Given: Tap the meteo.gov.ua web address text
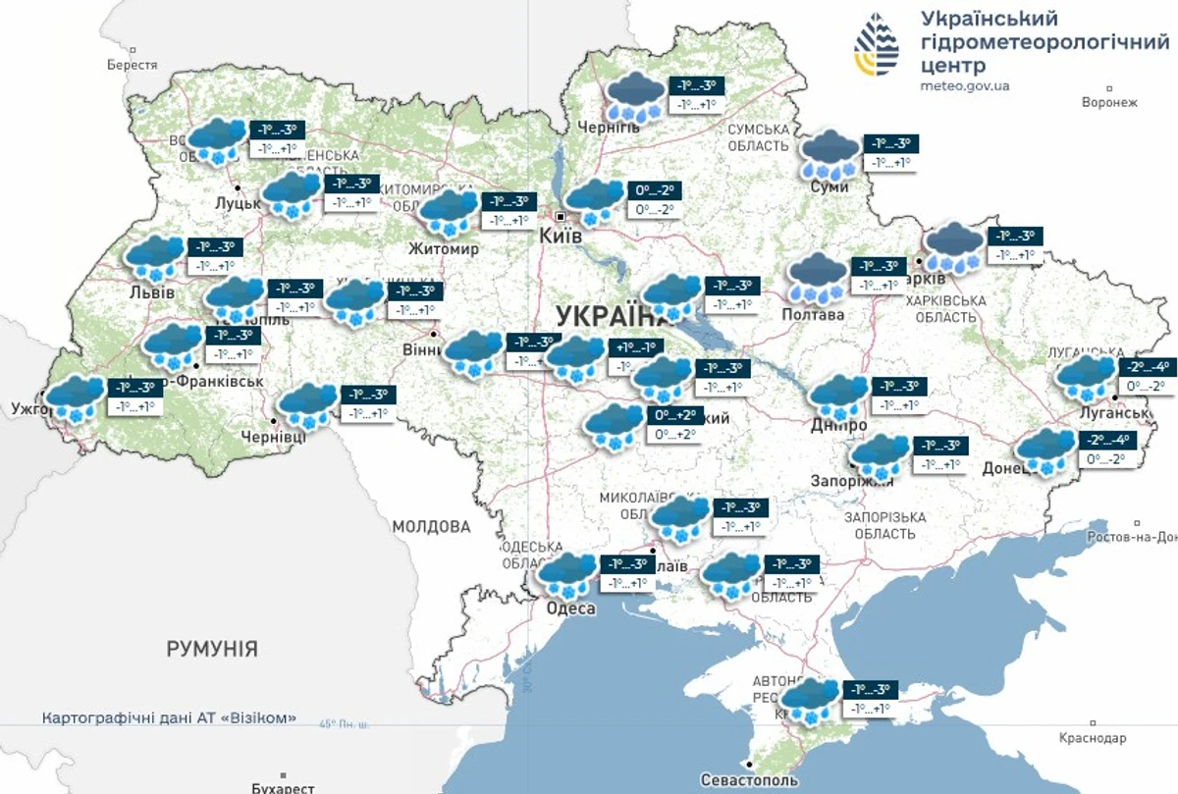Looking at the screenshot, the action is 965,86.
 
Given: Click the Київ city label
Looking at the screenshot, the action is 562,237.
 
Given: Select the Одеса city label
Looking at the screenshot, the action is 571,609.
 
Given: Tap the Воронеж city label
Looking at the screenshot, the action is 1108,102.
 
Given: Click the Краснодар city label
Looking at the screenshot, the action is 1093,738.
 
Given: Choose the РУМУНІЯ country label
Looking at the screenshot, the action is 212,649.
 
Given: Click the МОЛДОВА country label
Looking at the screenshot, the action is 432,526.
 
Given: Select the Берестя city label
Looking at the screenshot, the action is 133,65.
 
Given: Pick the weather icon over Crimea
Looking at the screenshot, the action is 811,701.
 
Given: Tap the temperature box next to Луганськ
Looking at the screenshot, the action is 1146,377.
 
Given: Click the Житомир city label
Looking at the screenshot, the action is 448,249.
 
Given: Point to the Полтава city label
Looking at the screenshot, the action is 813,315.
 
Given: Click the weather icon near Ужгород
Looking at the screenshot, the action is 76,398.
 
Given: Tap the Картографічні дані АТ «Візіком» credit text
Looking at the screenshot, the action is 169,718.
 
